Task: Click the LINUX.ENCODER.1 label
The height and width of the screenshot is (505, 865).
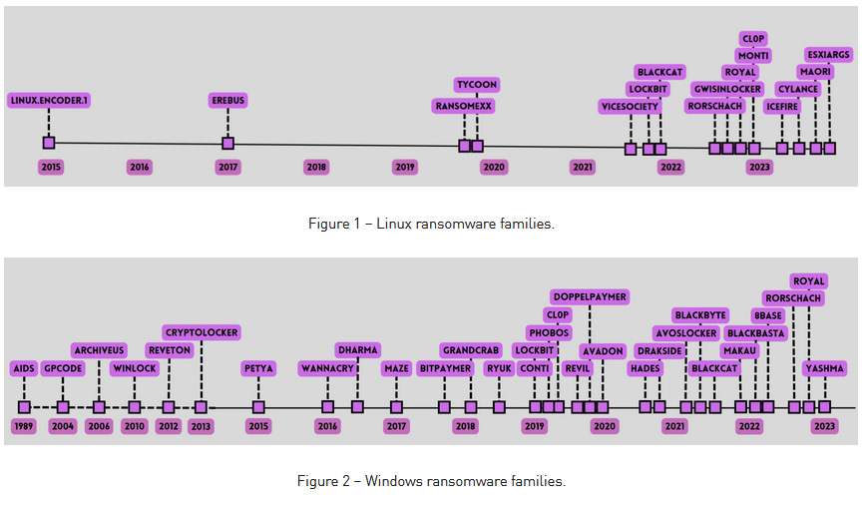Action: pyautogui.click(x=49, y=100)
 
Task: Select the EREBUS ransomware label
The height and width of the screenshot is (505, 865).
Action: pyautogui.click(x=227, y=100)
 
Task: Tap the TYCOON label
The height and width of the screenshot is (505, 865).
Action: pyautogui.click(x=476, y=85)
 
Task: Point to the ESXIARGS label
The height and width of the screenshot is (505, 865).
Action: pyautogui.click(x=829, y=55)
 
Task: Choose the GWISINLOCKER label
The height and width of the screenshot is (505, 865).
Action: pyautogui.click(x=726, y=89)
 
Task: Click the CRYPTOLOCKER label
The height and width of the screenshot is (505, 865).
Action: pyautogui.click(x=203, y=332)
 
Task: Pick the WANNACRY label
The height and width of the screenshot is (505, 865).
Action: pyautogui.click(x=327, y=368)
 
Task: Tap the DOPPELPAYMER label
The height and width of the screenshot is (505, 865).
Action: pyautogui.click(x=590, y=296)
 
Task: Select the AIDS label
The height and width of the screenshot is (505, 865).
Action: pyautogui.click(x=24, y=368)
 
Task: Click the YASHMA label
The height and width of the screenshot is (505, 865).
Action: pyautogui.click(x=824, y=368)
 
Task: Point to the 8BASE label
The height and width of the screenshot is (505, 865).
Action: pyautogui.click(x=768, y=315)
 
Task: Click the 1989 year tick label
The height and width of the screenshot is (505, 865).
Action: pyautogui.click(x=24, y=426)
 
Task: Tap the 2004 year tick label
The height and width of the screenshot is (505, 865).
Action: pyautogui.click(x=63, y=426)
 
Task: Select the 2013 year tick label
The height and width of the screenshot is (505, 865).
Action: pyautogui.click(x=201, y=426)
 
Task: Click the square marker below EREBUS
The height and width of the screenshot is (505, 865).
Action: pyautogui.click(x=227, y=143)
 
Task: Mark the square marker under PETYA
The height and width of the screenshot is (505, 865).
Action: pyautogui.click(x=258, y=407)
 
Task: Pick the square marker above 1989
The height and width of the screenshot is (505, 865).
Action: pyautogui.click(x=24, y=407)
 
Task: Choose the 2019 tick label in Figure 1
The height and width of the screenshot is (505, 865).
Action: pyautogui.click(x=405, y=167)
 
